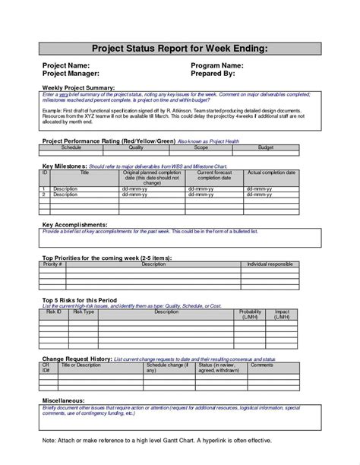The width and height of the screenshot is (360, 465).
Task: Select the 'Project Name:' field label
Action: tap(67, 65)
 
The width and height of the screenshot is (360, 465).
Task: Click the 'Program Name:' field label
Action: tap(219, 65)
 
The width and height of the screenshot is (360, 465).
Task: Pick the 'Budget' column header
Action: tap(266, 147)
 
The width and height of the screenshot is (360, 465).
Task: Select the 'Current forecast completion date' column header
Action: tap(215, 176)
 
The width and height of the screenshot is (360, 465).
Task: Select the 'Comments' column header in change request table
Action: tap(262, 365)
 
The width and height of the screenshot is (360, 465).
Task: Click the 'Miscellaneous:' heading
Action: tap(64, 399)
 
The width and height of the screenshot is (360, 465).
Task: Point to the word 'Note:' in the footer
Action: tap(50, 440)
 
